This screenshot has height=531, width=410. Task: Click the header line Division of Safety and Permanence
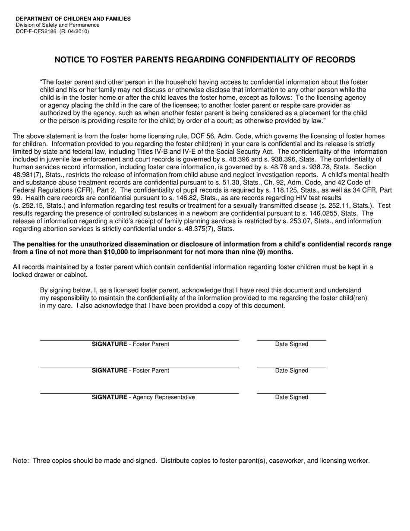point(57,25)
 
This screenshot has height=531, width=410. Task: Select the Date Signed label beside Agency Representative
point(292,397)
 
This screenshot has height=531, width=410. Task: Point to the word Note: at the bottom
point(21,461)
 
